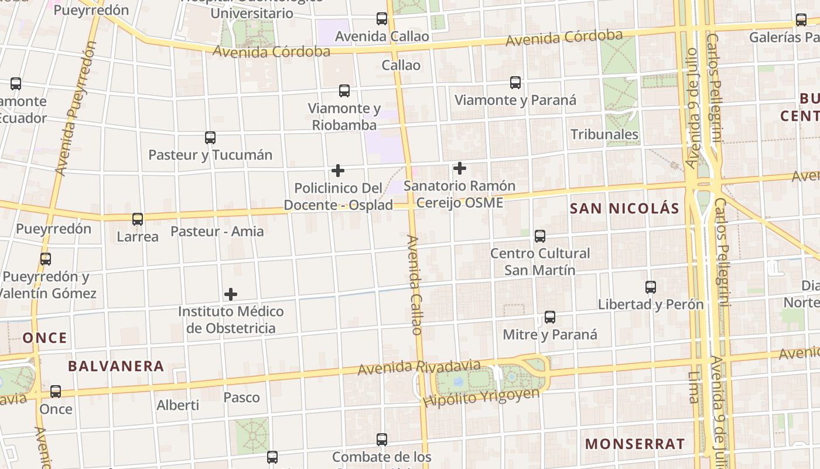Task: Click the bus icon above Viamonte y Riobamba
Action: click(344, 91)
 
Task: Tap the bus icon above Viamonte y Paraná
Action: click(515, 83)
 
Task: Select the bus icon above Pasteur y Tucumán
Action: click(210, 138)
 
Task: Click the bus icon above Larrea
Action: click(138, 219)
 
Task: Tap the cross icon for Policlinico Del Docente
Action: click(338, 171)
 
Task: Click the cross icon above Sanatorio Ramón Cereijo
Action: click(460, 169)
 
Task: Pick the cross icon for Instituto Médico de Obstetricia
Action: click(231, 294)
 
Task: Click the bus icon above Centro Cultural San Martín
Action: click(540, 236)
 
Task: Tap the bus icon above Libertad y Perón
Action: click(651, 287)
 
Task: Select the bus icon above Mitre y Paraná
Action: click(550, 317)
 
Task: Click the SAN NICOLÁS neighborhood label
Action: click(624, 208)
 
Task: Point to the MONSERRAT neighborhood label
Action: click(635, 444)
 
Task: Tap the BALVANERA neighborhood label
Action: click(116, 366)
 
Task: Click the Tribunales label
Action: click(604, 134)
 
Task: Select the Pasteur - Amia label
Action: click(217, 232)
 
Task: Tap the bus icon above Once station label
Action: click(56, 391)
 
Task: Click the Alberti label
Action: click(178, 405)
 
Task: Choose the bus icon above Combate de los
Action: click(382, 439)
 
